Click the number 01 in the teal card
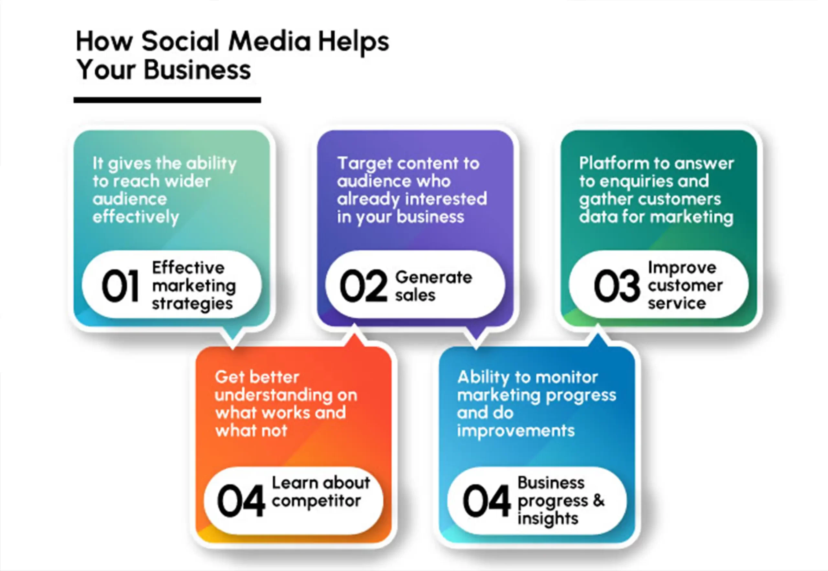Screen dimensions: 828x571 pos(120,286)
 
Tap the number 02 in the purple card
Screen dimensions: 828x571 pos(363,286)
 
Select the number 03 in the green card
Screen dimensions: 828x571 pos(617,286)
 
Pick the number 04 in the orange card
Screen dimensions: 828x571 pos(241,501)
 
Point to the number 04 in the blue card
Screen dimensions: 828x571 pos(486,501)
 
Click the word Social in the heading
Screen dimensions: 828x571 pos(180,41)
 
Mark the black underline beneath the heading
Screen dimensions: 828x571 pos(167,100)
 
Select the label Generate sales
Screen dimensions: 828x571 pos(433,286)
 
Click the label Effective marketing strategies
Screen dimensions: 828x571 pos(194,285)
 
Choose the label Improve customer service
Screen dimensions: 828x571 pos(685,285)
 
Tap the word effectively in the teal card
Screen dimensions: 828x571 pos(136,217)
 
